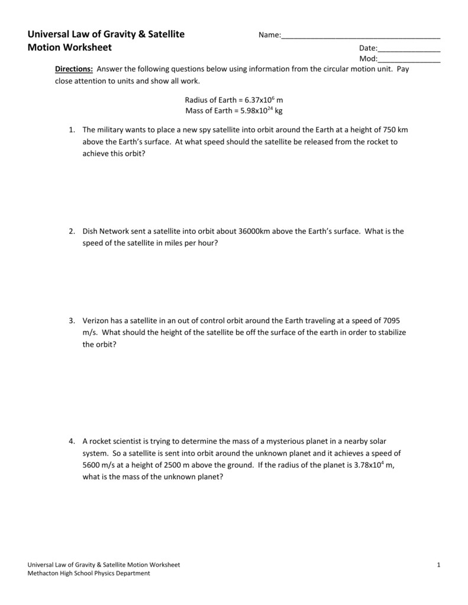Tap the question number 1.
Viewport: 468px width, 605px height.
tap(70, 129)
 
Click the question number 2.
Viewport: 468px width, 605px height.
tap(70, 231)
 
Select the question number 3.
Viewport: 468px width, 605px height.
tap(70, 321)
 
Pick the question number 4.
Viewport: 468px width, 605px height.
tap(70, 441)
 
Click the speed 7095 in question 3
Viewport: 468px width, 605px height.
tap(396, 321)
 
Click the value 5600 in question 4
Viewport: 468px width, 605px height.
tap(92, 465)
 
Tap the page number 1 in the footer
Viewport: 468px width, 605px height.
tap(438, 565)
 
